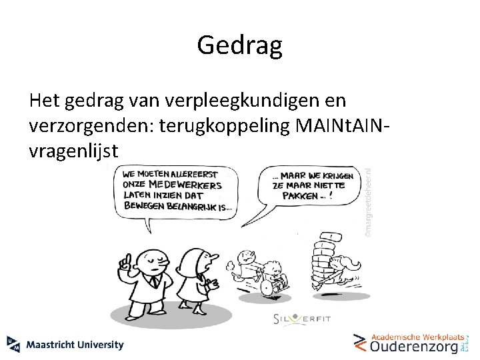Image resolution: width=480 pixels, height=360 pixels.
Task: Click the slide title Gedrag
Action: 240,45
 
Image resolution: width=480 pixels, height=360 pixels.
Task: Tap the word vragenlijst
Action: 74,151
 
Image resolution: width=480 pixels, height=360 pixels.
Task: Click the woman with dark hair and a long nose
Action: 198,273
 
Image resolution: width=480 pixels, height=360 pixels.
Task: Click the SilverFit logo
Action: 302,319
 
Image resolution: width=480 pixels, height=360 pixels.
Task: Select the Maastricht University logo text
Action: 75,345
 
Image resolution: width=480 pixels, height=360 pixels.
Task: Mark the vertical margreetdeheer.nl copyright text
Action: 367,199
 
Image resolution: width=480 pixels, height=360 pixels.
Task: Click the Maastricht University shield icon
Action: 13,344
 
